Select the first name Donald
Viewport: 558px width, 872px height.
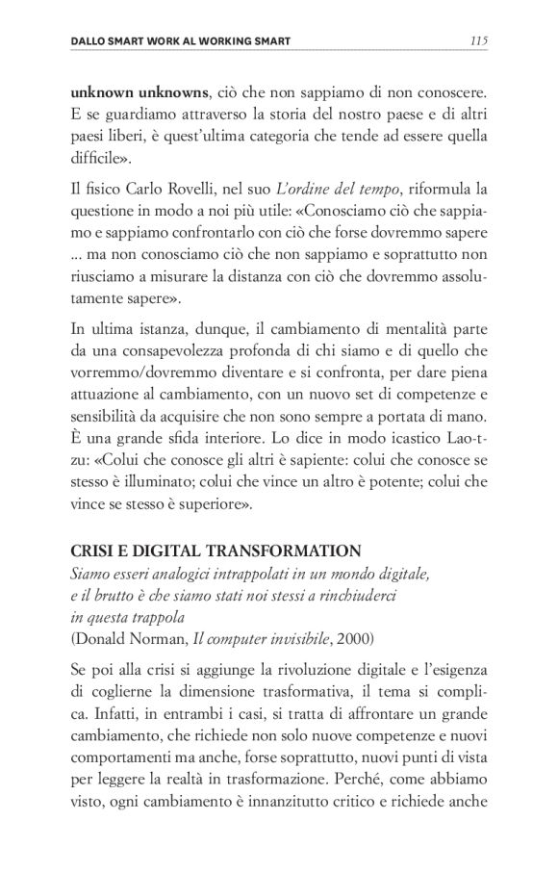tap(105, 635)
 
